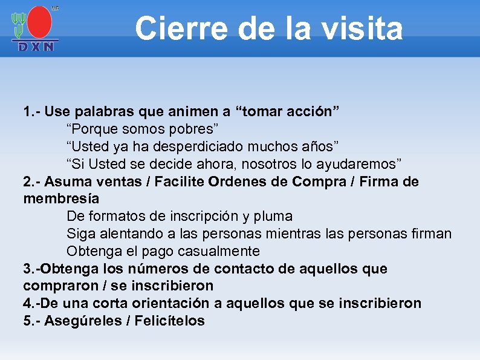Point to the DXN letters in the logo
tap(35, 45)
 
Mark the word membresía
tap(61, 199)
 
